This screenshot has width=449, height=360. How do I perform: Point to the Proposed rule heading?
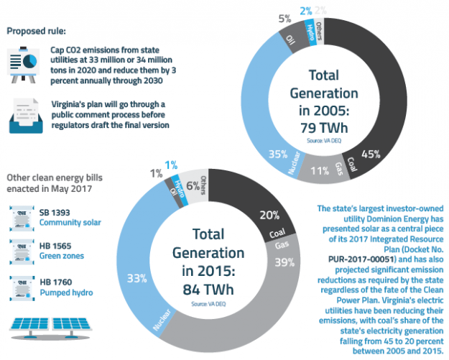click(x=35, y=32)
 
